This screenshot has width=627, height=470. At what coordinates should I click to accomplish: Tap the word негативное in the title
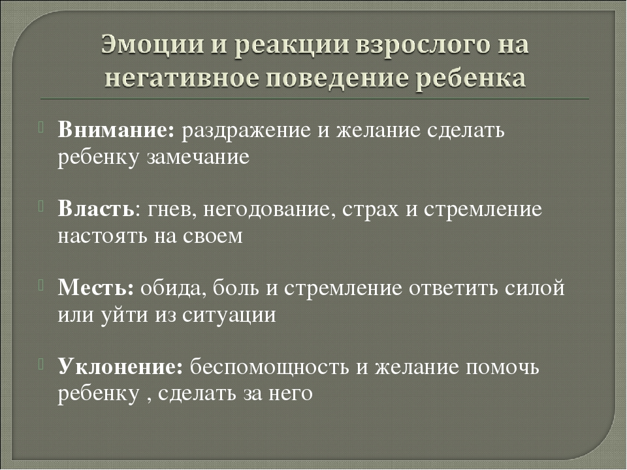click(x=182, y=77)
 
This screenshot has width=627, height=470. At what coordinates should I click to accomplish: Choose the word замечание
click(x=198, y=157)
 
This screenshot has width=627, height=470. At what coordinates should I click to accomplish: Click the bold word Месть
click(x=96, y=287)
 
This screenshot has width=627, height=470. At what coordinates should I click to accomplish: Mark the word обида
click(x=173, y=288)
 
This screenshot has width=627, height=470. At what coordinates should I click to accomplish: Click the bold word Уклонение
click(x=120, y=366)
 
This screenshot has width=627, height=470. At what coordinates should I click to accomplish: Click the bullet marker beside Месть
click(x=41, y=285)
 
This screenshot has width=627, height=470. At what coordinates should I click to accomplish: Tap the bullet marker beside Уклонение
click(x=41, y=364)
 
